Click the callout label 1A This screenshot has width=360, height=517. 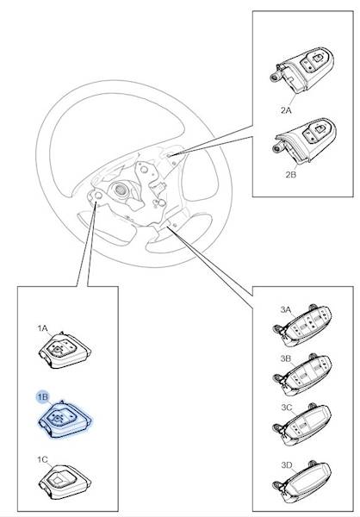click(42, 328)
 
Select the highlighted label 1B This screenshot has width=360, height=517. click(42, 397)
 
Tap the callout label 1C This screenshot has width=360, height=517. click(42, 459)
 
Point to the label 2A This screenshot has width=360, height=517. click(286, 110)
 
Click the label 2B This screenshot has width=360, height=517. click(291, 174)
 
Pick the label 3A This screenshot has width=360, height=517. click(286, 309)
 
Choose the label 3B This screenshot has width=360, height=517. click(286, 358)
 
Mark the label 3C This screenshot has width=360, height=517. click(287, 408)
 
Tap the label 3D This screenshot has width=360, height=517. click(287, 465)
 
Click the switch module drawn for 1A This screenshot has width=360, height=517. click(65, 351)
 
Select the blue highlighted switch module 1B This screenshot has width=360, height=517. click(65, 419)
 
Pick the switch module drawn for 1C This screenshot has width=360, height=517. click(65, 482)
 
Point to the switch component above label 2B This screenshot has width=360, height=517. click(305, 140)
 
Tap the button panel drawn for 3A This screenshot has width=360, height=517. click(302, 327)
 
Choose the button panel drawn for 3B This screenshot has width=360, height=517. click(302, 375)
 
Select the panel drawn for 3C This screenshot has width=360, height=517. click(302, 425)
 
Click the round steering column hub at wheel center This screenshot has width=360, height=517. click(120, 190)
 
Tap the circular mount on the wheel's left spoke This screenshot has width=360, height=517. click(98, 196)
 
